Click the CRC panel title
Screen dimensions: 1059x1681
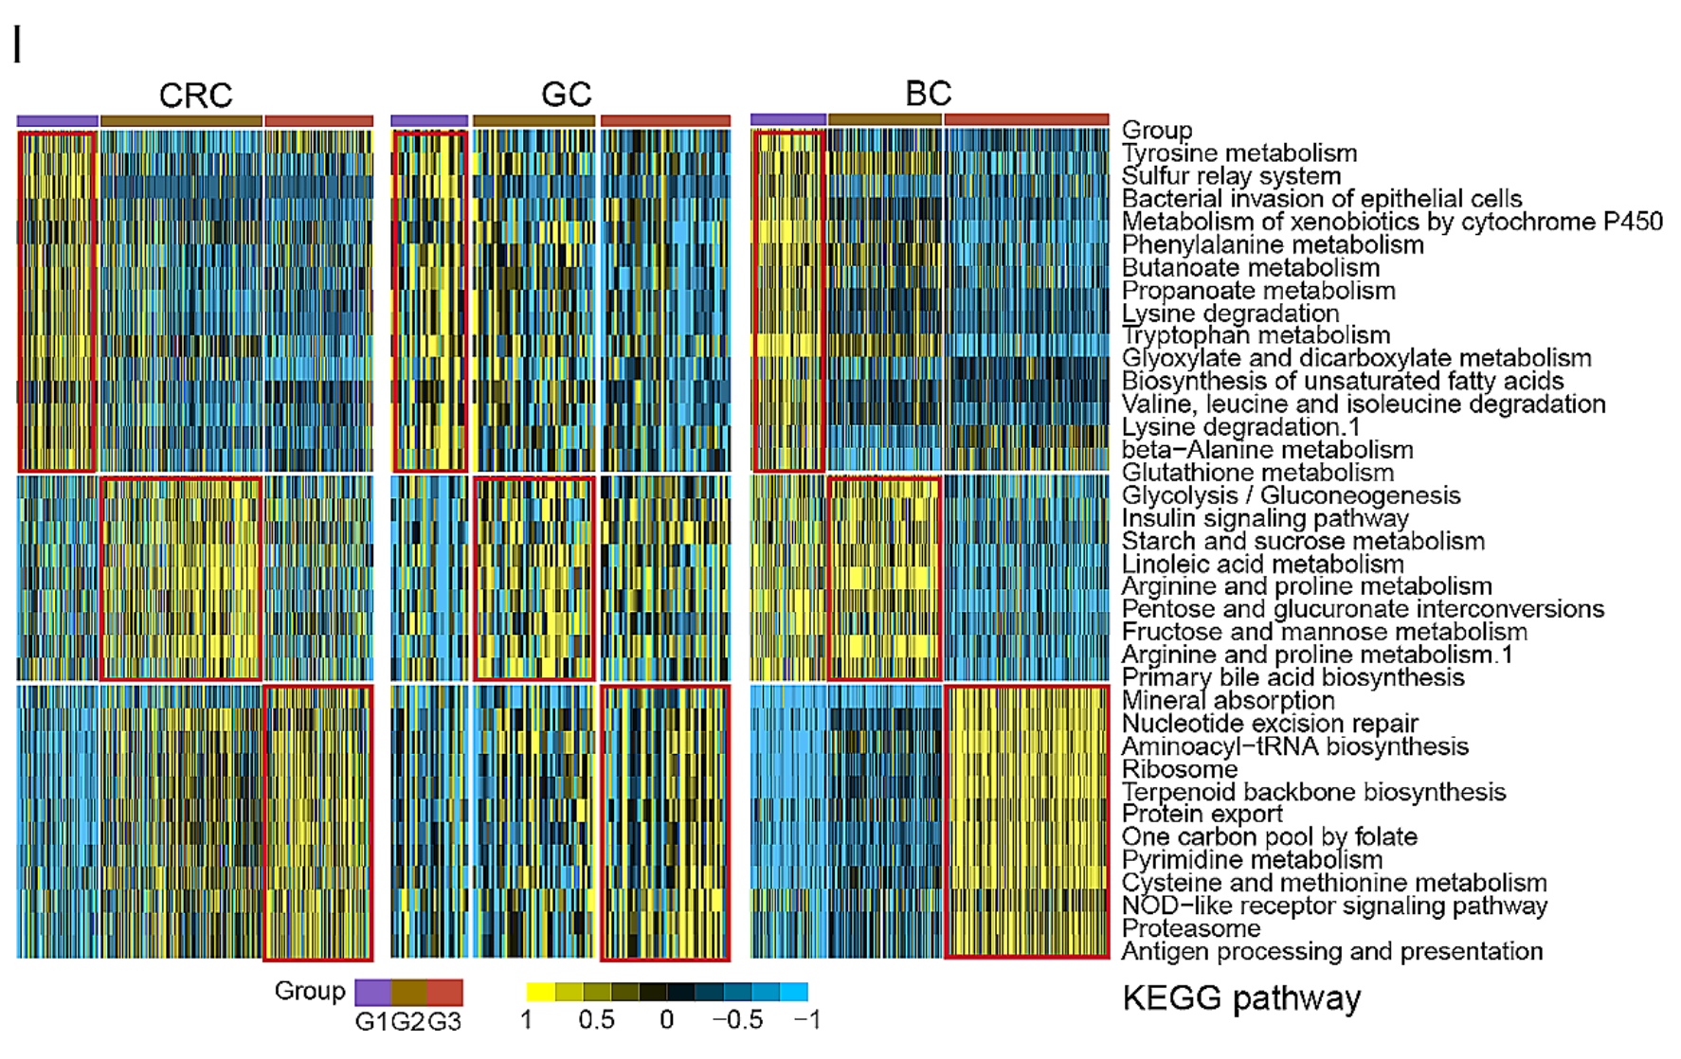click(x=195, y=96)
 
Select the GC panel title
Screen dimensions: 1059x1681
click(x=566, y=95)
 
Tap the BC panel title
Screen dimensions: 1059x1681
click(x=928, y=94)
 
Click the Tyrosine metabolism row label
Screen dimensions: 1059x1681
click(x=1238, y=153)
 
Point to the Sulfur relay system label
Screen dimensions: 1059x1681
click(x=1231, y=176)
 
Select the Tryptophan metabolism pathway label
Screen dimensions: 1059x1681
click(x=1256, y=335)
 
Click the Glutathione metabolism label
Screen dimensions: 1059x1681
click(x=1257, y=473)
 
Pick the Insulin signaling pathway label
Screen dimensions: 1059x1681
click(x=1265, y=518)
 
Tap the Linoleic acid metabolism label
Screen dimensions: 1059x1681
click(x=1262, y=565)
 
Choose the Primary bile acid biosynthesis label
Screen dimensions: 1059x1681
click(x=1292, y=678)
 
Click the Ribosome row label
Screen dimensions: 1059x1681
click(x=1180, y=769)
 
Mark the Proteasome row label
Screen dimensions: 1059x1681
click(x=1191, y=928)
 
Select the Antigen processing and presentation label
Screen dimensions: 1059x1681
click(x=1331, y=951)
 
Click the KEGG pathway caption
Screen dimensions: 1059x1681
click(x=1241, y=998)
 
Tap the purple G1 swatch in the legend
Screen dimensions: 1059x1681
click(x=372, y=993)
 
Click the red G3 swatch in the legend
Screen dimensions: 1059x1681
click(x=444, y=993)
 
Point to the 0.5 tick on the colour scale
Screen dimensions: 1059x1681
click(x=596, y=1020)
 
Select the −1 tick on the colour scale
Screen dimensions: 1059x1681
click(x=806, y=1020)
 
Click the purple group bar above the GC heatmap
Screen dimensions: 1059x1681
click(x=429, y=121)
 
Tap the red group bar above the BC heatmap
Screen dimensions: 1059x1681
click(x=1026, y=119)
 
